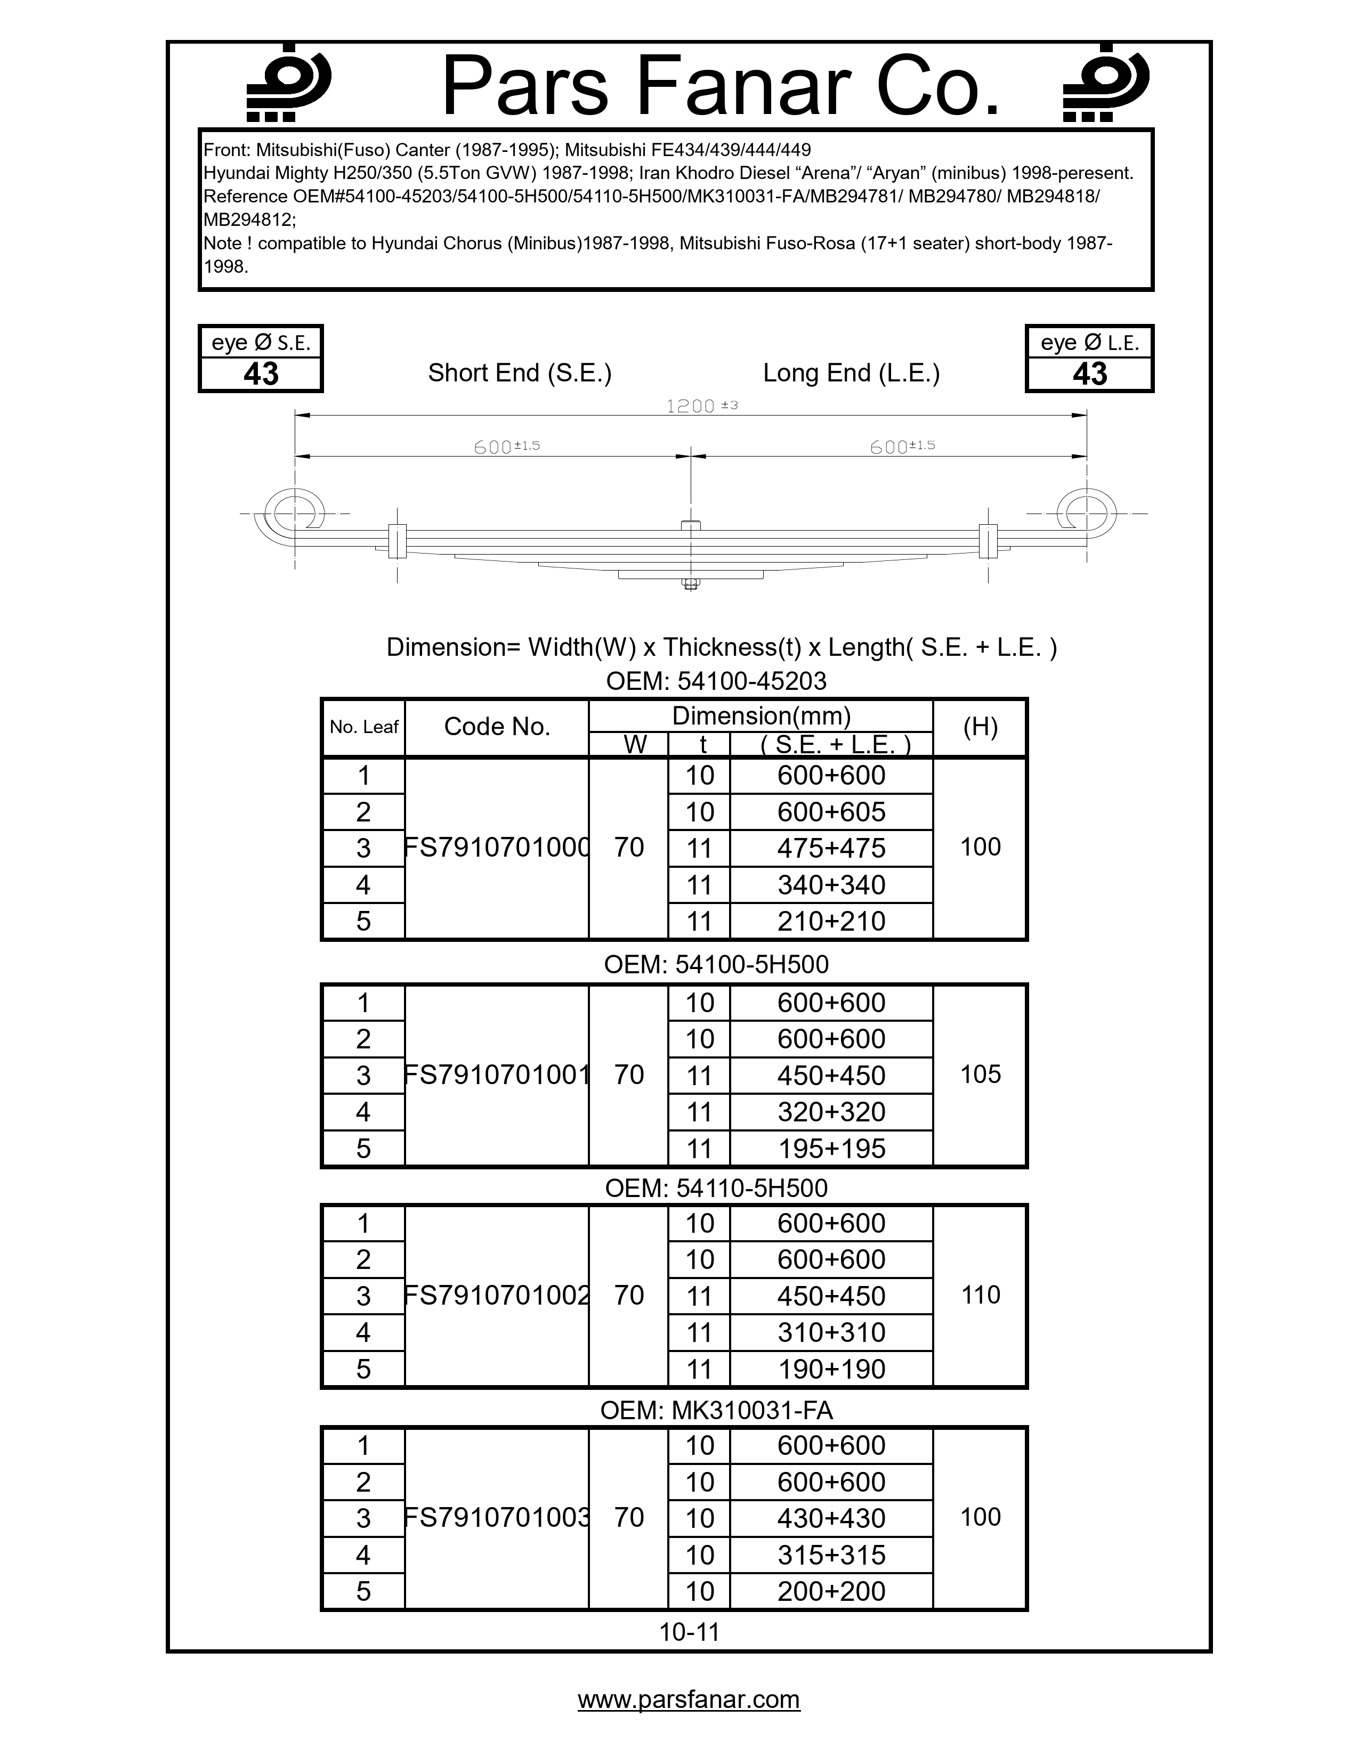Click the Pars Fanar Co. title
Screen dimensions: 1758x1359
pyautogui.click(x=721, y=87)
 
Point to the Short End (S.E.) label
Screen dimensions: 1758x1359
pyautogui.click(x=519, y=373)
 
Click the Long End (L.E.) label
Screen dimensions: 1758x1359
pyautogui.click(x=851, y=373)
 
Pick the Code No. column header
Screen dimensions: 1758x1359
pyautogui.click(x=497, y=727)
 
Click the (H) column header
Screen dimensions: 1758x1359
pyautogui.click(x=980, y=727)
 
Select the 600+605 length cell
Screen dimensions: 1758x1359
pyautogui.click(x=831, y=811)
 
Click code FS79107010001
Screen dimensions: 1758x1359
pyautogui.click(x=497, y=1075)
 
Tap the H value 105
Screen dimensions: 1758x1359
pyautogui.click(x=980, y=1074)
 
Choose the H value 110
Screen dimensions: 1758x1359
pyautogui.click(x=980, y=1295)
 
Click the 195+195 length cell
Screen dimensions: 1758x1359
pyautogui.click(x=831, y=1148)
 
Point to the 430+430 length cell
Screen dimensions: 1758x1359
pyautogui.click(x=831, y=1517)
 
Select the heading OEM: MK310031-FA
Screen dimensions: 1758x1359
pyautogui.click(x=716, y=1410)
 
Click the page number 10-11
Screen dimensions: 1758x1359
pyautogui.click(x=689, y=1632)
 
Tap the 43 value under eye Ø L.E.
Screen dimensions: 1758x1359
pyautogui.click(x=1089, y=375)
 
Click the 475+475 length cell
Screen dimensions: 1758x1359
pyautogui.click(x=831, y=848)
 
